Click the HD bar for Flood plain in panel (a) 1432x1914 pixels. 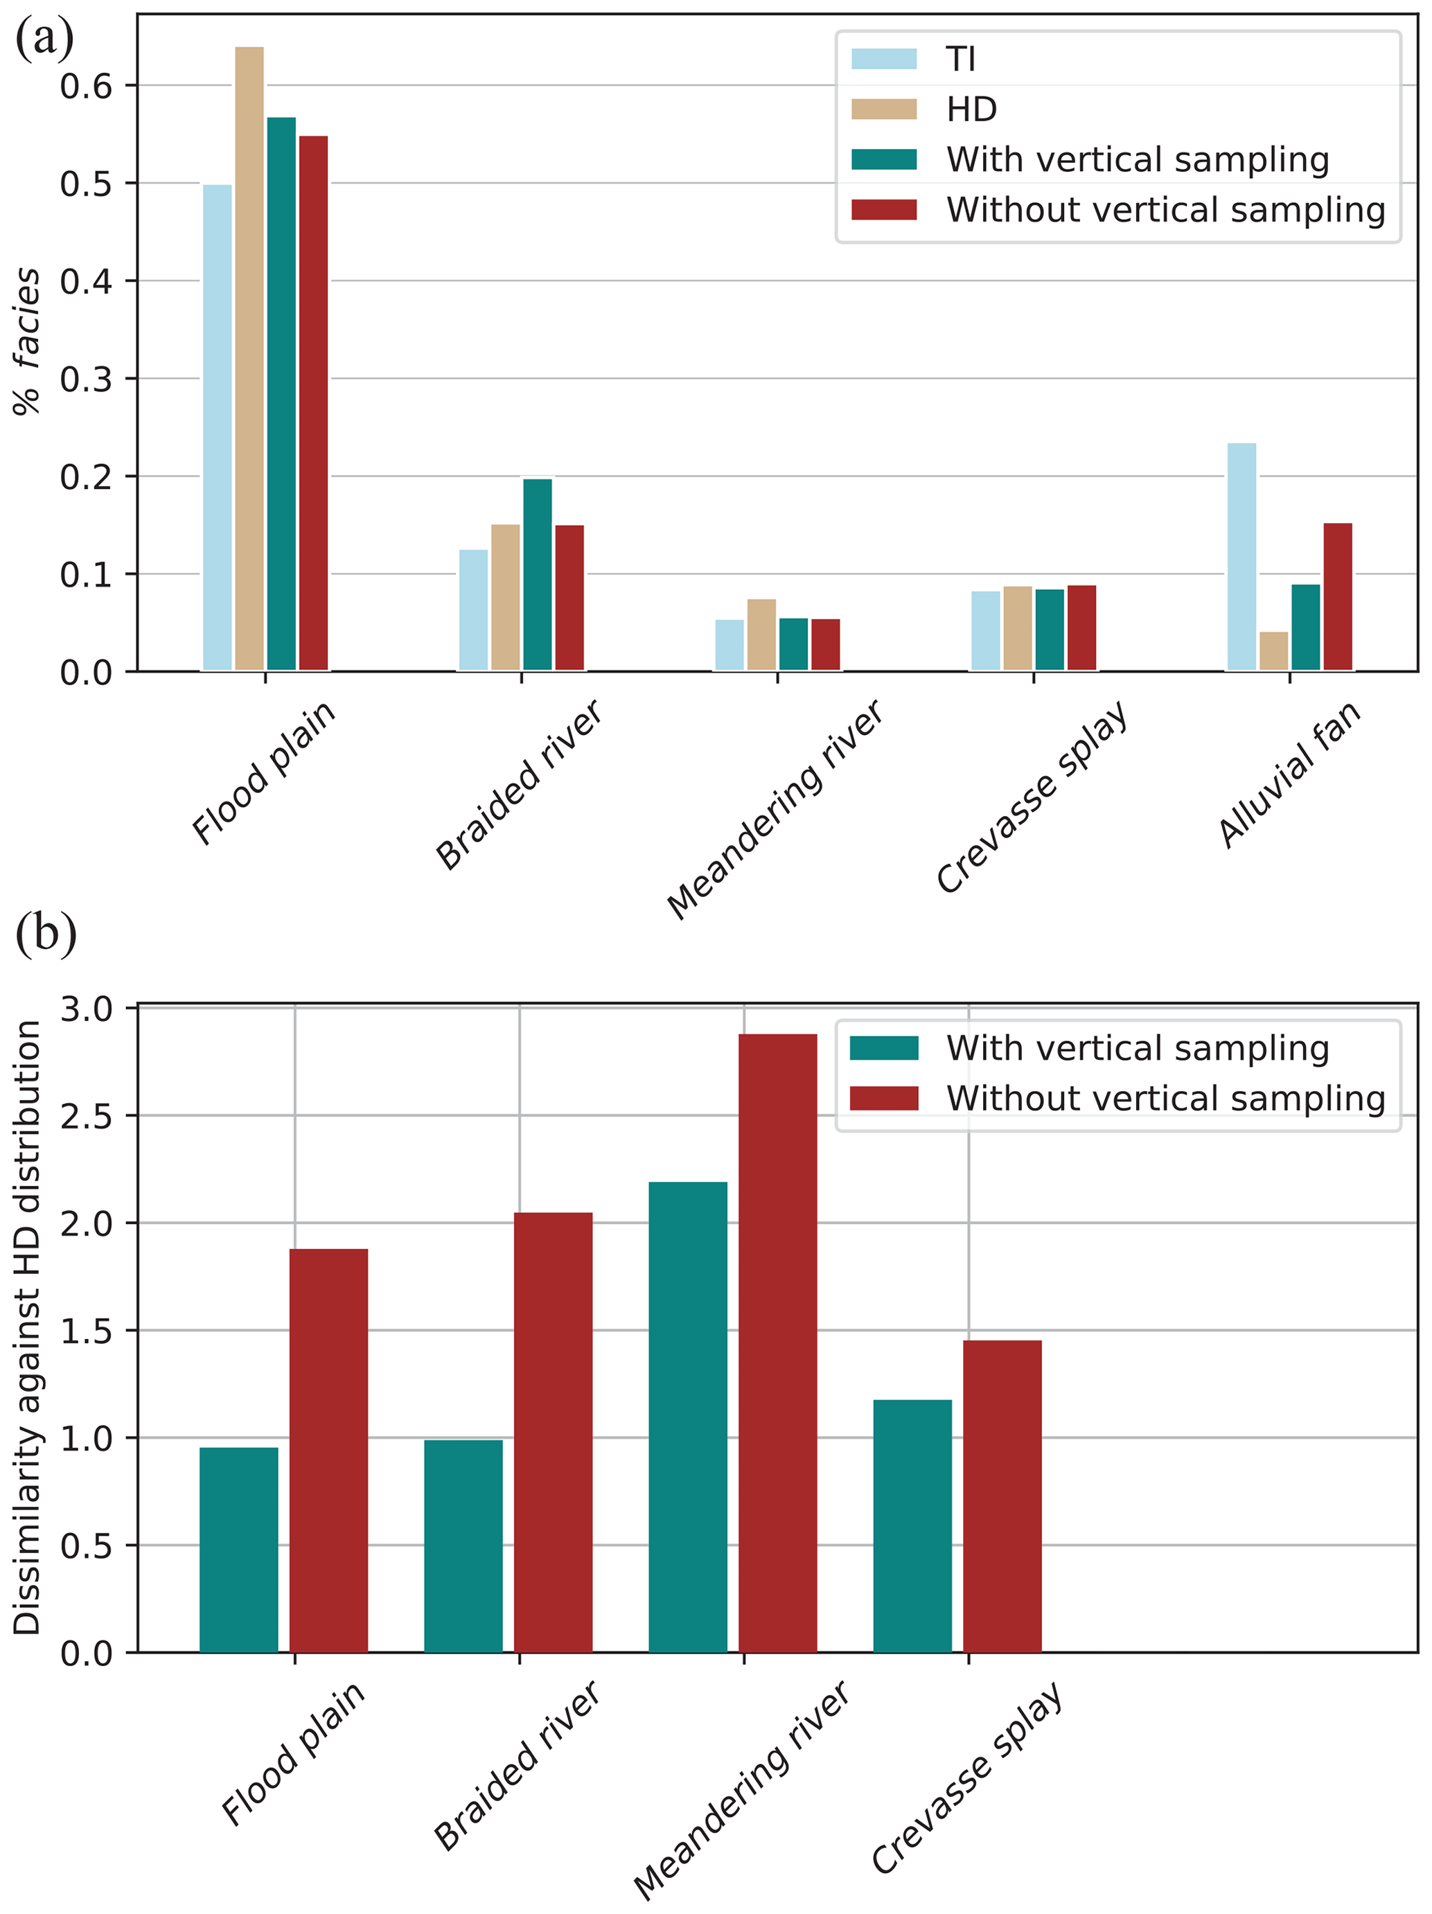point(249,358)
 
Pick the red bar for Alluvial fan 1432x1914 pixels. point(1338,597)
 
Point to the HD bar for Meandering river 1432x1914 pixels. point(761,635)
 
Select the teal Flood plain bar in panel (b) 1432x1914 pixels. point(239,1550)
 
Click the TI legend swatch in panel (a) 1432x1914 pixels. point(883,59)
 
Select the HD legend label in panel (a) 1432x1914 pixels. point(972,110)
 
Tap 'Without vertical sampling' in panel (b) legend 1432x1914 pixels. point(1165,1098)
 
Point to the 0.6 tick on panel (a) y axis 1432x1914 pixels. point(87,86)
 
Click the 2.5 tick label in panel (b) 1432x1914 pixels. point(87,1116)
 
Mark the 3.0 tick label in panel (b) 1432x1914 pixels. point(87,1009)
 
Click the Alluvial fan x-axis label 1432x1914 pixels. point(1289,774)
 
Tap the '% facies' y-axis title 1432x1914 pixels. point(28,342)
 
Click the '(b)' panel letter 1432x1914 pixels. point(46,934)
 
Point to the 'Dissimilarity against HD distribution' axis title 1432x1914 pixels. point(28,1328)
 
